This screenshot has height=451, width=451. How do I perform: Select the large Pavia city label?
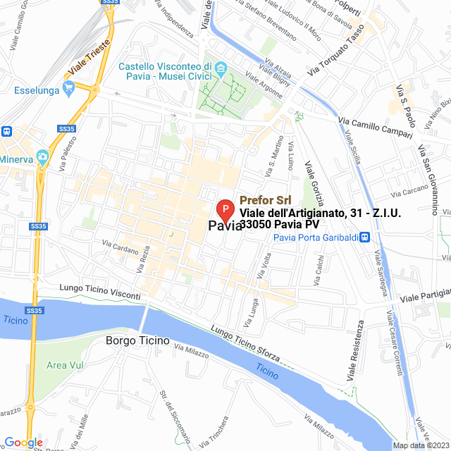[226, 226]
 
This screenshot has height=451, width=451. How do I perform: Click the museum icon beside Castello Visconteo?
[221, 68]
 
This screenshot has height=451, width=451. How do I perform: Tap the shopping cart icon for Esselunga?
[68, 87]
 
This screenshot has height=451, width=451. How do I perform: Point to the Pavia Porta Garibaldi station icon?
[364, 237]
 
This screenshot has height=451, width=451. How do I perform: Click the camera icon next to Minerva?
[42, 156]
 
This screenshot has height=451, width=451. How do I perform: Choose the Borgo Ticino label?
[137, 341]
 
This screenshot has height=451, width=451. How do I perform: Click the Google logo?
[23, 442]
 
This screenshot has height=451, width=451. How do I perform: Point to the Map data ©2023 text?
[421, 445]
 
